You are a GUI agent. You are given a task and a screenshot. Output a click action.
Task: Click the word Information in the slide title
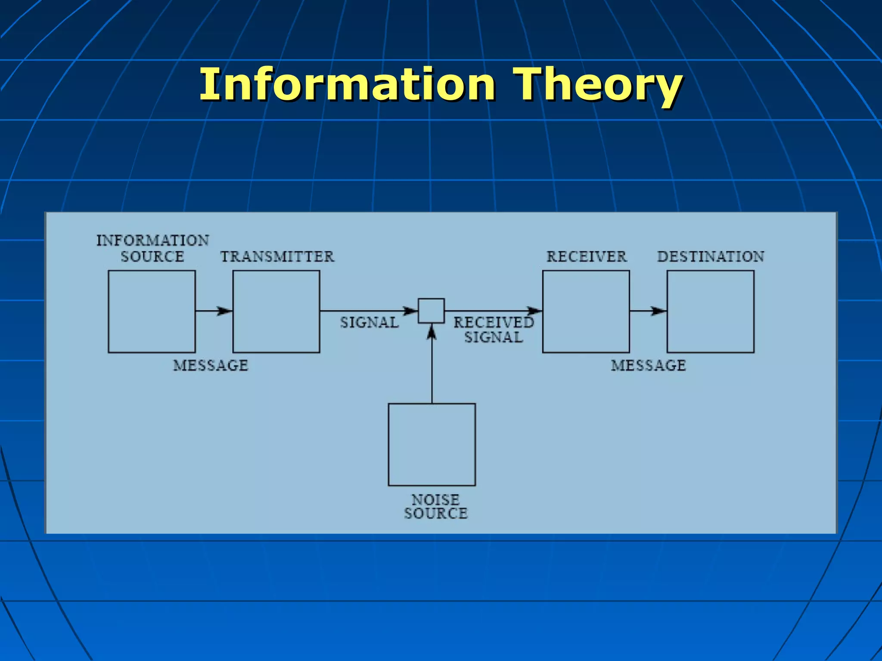[x=347, y=85]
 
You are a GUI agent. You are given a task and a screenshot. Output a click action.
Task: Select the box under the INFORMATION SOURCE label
[x=152, y=312]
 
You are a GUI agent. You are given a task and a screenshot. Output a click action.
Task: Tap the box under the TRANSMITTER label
[x=276, y=312]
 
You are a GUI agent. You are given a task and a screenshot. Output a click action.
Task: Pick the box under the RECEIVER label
[x=586, y=312]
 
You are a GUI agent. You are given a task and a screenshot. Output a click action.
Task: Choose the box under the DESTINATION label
[x=710, y=312]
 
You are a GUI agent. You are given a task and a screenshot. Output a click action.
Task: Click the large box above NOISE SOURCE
[x=432, y=445]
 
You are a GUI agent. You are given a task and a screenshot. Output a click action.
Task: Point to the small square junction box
[x=431, y=311]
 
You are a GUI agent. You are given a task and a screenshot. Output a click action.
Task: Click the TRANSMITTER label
[x=277, y=256]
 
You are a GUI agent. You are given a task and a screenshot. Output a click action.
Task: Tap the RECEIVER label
[x=587, y=256]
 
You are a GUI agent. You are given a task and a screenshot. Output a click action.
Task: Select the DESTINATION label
[x=711, y=256]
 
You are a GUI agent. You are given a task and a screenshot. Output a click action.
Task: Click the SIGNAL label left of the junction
[x=370, y=322]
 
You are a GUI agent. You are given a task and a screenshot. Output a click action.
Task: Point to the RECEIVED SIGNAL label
[x=494, y=330]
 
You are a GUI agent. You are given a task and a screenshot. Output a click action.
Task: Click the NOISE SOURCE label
[x=435, y=507]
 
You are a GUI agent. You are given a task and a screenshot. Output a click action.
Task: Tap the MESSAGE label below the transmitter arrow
[x=211, y=365]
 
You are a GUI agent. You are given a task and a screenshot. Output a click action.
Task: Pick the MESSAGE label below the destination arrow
[x=648, y=365]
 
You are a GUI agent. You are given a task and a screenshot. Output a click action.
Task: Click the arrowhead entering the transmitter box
[x=224, y=311]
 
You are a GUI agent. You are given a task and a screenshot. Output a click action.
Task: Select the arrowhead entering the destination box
[x=658, y=311]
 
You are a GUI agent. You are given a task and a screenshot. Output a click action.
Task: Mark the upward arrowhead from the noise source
[x=432, y=332]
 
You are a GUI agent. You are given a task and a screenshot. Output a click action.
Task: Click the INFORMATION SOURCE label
[x=152, y=248]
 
